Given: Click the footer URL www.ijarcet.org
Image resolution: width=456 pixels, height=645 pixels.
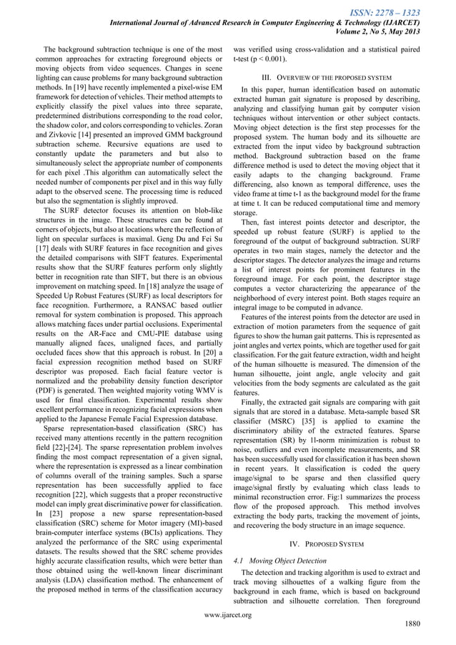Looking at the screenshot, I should [228, 614].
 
